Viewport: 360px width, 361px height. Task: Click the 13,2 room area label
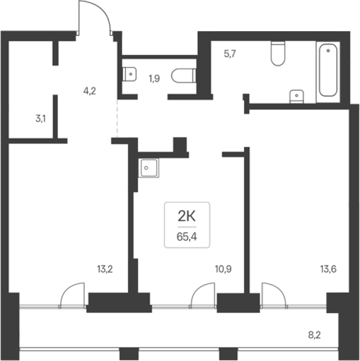(105, 269)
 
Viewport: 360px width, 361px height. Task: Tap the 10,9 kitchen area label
(223, 269)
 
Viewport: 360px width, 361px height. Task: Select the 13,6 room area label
(328, 269)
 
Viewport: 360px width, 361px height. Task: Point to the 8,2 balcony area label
(314, 335)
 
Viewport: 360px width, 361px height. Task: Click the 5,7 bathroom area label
(230, 54)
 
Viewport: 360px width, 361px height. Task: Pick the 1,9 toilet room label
(154, 79)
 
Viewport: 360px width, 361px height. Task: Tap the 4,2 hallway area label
(90, 91)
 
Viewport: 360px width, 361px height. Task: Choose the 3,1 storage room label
(41, 119)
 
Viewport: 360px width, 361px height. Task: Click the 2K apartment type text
(187, 217)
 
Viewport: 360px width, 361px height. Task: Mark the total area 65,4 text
(187, 237)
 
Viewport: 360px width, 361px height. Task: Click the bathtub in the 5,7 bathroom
(328, 70)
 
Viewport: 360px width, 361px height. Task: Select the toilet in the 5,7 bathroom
(278, 53)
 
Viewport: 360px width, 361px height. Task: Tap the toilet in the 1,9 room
(183, 75)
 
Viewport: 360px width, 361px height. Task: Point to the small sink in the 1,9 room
(129, 74)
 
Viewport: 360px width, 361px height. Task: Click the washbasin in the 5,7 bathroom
(296, 96)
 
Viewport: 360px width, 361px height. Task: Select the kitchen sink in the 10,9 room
(149, 168)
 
